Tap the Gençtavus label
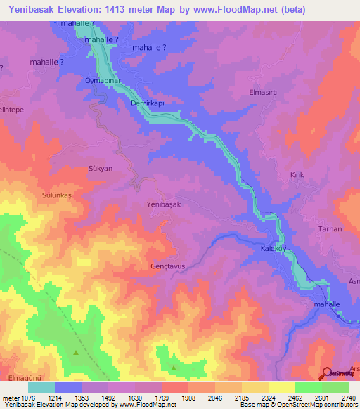[x=167, y=266]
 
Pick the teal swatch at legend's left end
[x=41, y=387]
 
